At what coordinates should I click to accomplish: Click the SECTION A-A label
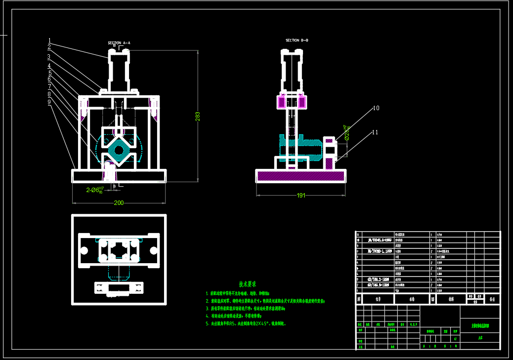[119, 43]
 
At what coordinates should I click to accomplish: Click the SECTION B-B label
[300, 40]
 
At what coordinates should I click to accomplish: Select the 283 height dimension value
[198, 116]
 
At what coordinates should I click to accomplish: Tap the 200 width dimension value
[119, 203]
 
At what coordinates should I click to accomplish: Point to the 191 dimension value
[300, 196]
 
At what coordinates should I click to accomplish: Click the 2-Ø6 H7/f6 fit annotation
[95, 190]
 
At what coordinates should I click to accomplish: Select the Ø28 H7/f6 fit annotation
[347, 132]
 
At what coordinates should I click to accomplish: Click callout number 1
[49, 40]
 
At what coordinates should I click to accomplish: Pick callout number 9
[49, 102]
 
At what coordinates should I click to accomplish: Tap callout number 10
[376, 108]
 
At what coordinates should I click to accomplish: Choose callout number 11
[376, 132]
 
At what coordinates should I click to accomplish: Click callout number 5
[49, 73]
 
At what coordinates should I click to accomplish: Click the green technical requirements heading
[247, 284]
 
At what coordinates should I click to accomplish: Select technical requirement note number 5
[246, 324]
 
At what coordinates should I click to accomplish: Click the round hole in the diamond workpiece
[119, 150]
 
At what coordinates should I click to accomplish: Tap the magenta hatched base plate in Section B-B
[300, 176]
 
